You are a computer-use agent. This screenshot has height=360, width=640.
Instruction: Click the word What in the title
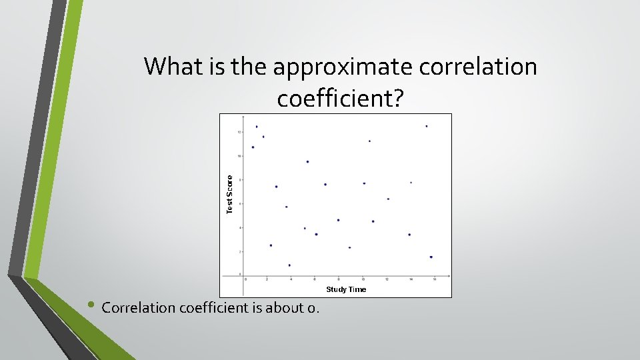(x=169, y=67)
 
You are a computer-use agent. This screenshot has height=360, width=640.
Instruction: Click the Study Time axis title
(x=345, y=289)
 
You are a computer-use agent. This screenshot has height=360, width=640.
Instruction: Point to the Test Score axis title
(x=230, y=194)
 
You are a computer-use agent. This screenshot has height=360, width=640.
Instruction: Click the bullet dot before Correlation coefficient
(x=91, y=307)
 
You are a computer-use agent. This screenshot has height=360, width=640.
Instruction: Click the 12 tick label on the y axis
(x=239, y=132)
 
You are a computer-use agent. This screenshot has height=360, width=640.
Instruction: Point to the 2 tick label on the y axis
(x=240, y=252)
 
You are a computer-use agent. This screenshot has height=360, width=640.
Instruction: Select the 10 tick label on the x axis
(x=363, y=279)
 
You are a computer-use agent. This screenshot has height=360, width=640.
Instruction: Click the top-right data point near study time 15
(x=427, y=126)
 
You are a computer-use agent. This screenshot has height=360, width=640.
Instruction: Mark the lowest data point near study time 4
(x=289, y=265)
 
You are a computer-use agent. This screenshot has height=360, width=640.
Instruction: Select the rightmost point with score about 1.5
(x=431, y=257)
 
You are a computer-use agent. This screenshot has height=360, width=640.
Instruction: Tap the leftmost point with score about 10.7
(x=253, y=147)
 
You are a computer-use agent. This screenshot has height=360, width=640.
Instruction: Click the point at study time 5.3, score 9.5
(x=307, y=161)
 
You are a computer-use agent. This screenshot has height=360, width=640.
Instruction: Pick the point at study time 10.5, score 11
(x=369, y=141)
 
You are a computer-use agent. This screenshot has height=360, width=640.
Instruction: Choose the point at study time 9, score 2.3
(x=349, y=247)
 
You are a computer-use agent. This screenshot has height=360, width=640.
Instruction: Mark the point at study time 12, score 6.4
(x=388, y=199)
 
